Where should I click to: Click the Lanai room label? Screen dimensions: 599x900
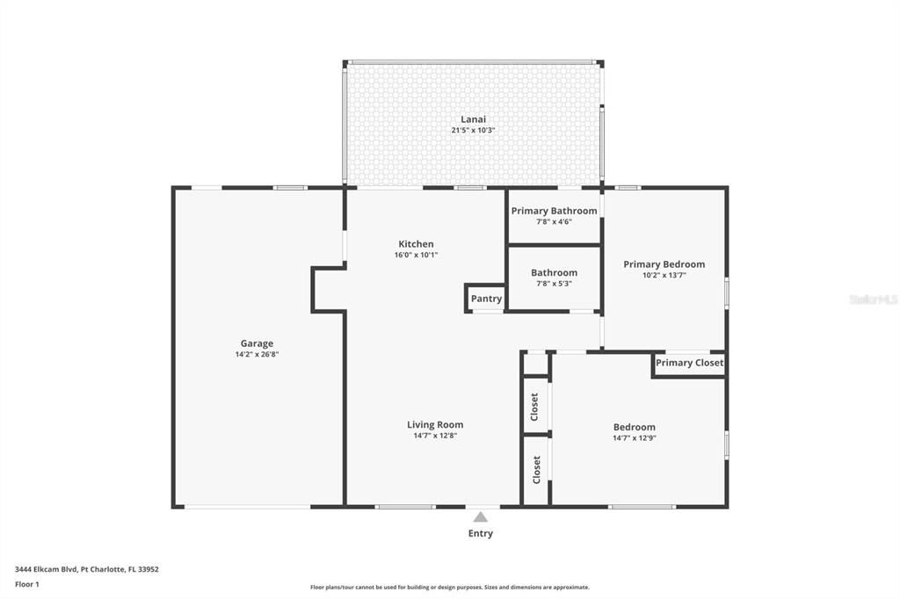[473, 119]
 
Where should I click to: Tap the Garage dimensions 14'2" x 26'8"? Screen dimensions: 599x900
[257, 355]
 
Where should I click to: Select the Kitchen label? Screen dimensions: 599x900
[416, 244]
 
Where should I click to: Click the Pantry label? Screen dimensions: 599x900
[486, 299]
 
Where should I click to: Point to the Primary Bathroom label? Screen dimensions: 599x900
[554, 211]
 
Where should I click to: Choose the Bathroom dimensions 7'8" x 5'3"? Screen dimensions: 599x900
[554, 284]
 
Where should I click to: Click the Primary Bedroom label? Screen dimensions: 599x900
[664, 264]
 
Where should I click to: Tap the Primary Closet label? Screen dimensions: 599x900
[689, 363]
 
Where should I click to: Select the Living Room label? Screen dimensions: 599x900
[435, 425]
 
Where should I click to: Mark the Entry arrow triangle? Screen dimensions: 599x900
[480, 517]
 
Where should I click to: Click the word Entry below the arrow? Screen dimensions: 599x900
[480, 533]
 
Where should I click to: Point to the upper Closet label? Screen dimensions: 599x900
[534, 406]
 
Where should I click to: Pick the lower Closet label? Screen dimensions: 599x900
[536, 470]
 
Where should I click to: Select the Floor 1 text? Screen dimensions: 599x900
[27, 584]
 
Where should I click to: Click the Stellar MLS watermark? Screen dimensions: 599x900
[873, 299]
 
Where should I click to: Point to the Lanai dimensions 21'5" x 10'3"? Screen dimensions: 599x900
[473, 131]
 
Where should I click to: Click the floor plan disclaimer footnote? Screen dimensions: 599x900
[449, 588]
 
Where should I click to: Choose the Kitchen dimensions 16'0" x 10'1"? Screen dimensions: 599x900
[416, 256]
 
